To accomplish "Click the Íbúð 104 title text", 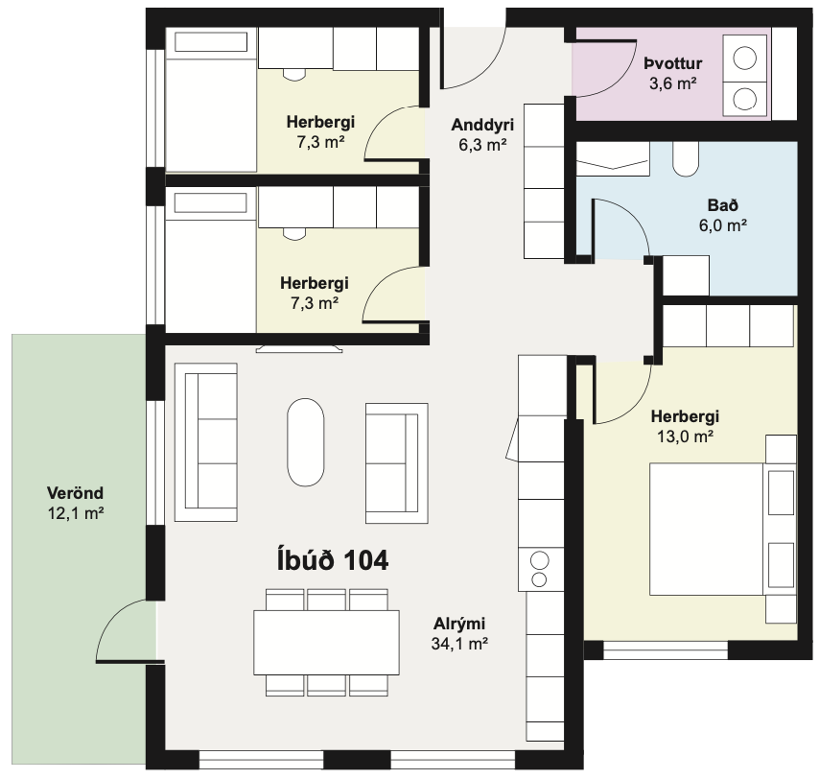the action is [x=332, y=560].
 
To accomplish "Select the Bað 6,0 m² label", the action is [x=723, y=215].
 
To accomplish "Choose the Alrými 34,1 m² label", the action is [x=459, y=633].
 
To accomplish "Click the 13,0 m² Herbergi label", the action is [x=685, y=426].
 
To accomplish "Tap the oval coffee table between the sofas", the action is [x=306, y=442].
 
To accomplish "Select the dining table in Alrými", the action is [x=326, y=642].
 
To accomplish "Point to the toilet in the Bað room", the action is [x=686, y=159].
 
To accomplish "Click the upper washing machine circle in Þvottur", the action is [x=744, y=58].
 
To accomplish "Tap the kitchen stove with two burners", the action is [x=541, y=570].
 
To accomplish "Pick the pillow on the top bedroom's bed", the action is [x=210, y=42].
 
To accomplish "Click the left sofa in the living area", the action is [x=206, y=442].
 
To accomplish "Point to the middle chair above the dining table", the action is [x=326, y=600].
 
